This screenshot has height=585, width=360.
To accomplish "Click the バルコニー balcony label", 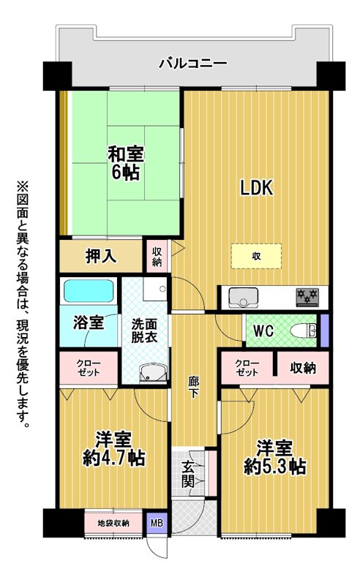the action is (x=193, y=64).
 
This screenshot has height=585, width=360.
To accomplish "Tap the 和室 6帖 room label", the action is (x=125, y=163).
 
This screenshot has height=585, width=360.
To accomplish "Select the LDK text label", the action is (x=257, y=188).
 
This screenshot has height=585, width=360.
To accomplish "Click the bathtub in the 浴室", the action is (x=89, y=291).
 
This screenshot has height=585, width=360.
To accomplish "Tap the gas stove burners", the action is (x=307, y=298).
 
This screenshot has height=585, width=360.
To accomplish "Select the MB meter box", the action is (x=157, y=523).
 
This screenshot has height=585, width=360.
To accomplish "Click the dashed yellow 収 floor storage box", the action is (x=256, y=257).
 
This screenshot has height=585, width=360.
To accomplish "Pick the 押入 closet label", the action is (x=101, y=257).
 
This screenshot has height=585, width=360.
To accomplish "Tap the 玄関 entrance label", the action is (x=188, y=474).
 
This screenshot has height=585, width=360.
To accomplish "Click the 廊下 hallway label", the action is (x=193, y=388).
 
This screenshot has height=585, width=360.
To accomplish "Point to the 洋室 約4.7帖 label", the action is (x=114, y=449).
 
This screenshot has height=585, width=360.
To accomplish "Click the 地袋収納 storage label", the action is (x=113, y=524).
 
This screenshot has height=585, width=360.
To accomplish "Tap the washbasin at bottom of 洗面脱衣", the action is (x=153, y=373).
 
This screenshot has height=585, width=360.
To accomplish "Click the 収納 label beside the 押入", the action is (x=157, y=257).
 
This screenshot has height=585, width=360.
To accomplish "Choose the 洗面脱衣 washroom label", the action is (x=144, y=331).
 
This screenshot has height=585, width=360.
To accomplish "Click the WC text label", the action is (x=263, y=331).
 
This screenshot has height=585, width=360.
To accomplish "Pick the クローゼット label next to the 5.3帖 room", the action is (x=247, y=368).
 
